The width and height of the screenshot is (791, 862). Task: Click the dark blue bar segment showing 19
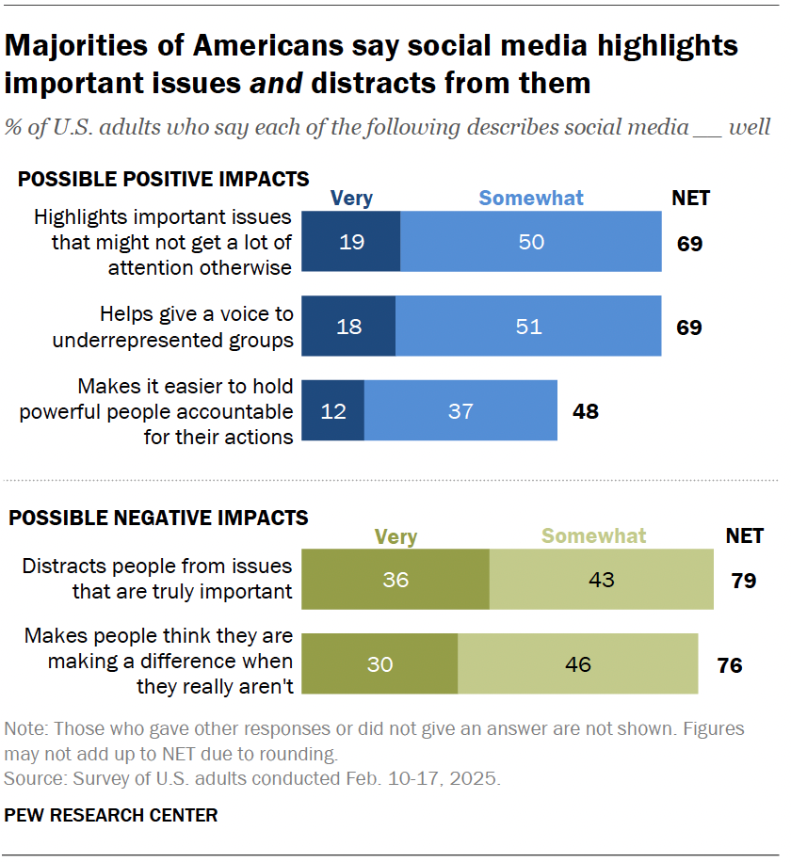click(x=350, y=242)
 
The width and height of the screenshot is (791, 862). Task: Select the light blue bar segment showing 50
click(x=531, y=242)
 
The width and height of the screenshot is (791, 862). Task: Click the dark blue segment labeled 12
click(x=332, y=411)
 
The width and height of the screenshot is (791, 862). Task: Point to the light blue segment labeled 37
click(x=460, y=411)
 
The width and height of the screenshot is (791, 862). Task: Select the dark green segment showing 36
click(x=395, y=580)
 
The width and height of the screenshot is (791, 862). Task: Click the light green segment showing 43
click(x=601, y=580)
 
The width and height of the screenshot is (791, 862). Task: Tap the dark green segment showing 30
click(x=379, y=664)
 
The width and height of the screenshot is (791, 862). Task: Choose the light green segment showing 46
click(x=577, y=664)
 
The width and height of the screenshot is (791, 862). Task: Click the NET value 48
click(x=585, y=411)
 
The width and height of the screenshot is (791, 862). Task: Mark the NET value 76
click(x=729, y=665)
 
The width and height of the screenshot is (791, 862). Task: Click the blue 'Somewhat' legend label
click(x=531, y=199)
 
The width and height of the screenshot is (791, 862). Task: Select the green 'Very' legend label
click(x=395, y=536)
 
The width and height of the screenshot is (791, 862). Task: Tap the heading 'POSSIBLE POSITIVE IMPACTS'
click(x=164, y=179)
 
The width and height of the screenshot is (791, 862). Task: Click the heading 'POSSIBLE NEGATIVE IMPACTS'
click(x=158, y=518)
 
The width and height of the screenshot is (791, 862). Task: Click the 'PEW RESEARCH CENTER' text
click(x=111, y=815)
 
